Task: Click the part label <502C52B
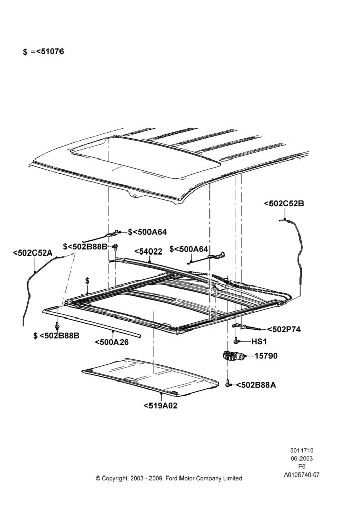tap(284, 204)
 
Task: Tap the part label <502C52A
tap(33, 252)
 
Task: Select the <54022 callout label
tap(148, 252)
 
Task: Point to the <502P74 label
tap(284, 329)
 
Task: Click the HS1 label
tap(259, 342)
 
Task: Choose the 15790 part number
tap(266, 356)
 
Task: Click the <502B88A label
tap(256, 385)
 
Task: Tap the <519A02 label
tap(161, 405)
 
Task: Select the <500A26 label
tap(111, 342)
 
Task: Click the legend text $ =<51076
tap(43, 51)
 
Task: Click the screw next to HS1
tap(237, 341)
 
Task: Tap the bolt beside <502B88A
tap(228, 384)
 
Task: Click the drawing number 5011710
tap(302, 450)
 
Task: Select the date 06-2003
tap(302, 458)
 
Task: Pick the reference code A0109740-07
tap(302, 475)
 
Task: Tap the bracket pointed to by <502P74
tap(245, 327)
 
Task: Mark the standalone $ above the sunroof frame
tap(87, 281)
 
